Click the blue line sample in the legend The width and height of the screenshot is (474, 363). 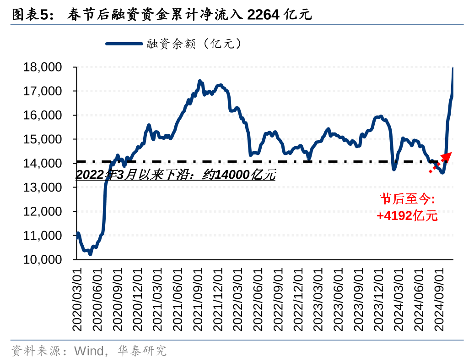[x=124, y=44]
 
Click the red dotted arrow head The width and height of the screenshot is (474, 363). [x=446, y=156]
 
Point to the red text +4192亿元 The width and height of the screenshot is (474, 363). [x=407, y=215]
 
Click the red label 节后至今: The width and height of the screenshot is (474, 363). [x=407, y=199]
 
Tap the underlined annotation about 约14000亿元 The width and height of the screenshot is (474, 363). [x=176, y=175]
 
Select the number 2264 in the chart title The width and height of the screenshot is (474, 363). [x=263, y=15]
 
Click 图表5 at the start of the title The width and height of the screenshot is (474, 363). [x=29, y=15]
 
